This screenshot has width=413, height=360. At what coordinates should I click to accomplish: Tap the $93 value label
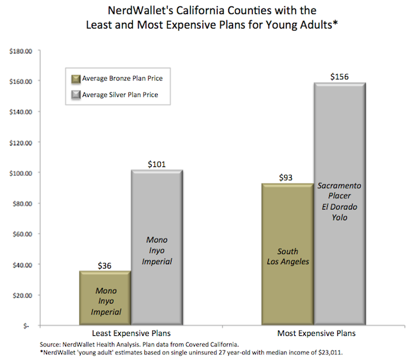[x=286, y=177]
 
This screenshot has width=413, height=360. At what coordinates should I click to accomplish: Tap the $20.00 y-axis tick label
[x=20, y=295]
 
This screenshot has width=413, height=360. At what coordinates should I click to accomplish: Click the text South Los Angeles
[x=286, y=257]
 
